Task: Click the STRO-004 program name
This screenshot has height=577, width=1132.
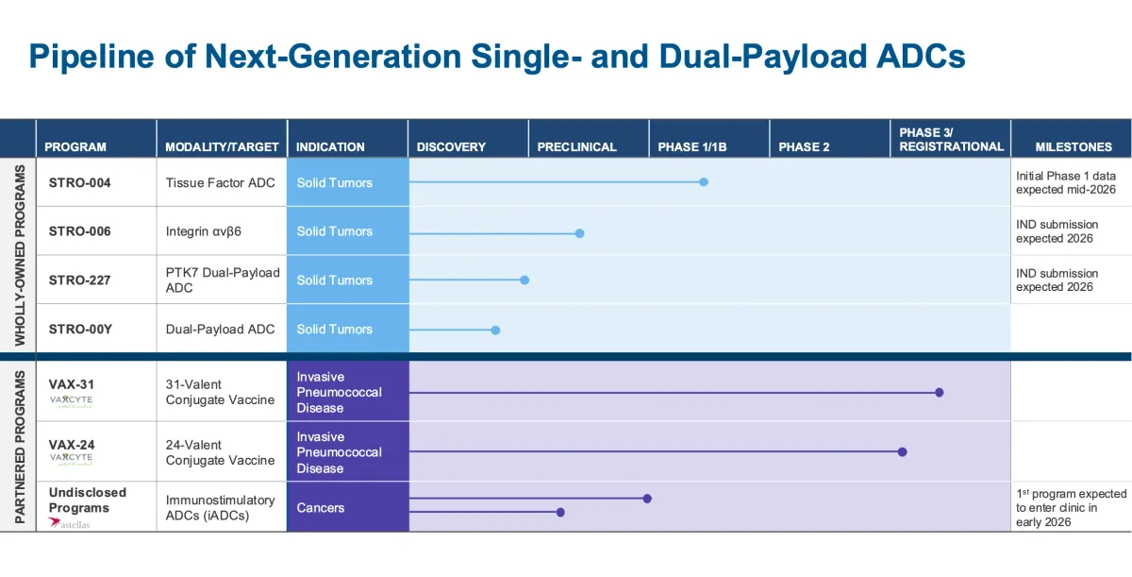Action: (79, 182)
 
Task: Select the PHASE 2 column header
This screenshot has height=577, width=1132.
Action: (804, 146)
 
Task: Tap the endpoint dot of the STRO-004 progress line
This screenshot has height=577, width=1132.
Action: (704, 182)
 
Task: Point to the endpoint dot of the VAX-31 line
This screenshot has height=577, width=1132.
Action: (939, 392)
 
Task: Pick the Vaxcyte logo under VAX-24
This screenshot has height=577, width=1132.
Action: (72, 458)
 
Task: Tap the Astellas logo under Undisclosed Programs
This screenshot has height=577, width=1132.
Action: (70, 522)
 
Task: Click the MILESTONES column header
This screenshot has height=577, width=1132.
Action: (1073, 146)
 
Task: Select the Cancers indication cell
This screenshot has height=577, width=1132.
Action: (321, 507)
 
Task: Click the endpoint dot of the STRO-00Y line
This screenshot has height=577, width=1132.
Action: (495, 330)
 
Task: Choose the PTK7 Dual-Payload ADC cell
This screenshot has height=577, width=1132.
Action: (223, 280)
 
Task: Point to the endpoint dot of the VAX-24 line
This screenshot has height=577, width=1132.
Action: (902, 452)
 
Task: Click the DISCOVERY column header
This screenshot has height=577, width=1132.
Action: (451, 146)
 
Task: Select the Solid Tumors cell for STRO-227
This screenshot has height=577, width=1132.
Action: (335, 280)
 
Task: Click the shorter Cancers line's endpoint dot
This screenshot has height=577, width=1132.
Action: (560, 513)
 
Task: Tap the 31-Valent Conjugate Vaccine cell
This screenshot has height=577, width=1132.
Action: (220, 392)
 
